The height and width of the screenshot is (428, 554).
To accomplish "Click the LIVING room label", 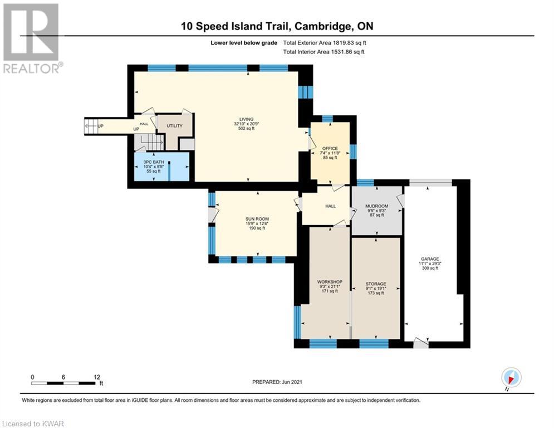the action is (246, 119).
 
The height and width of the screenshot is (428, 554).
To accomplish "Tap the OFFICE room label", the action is (330, 149).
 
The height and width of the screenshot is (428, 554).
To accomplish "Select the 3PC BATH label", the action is (154, 162).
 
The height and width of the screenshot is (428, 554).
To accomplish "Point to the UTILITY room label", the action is (174, 126).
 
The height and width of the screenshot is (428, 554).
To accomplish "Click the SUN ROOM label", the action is (257, 220).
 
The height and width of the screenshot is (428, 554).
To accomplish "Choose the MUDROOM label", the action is (376, 206).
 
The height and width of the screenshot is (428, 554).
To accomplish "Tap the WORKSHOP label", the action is (330, 282).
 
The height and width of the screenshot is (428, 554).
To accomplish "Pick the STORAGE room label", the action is (376, 284).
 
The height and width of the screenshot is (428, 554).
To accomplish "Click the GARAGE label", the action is (430, 259).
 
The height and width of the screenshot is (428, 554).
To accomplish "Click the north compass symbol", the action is (511, 377).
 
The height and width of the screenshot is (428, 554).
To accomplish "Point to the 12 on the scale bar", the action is (97, 377).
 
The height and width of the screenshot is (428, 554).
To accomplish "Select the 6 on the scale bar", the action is (63, 377).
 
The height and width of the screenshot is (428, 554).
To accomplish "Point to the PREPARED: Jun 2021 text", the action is (277, 382).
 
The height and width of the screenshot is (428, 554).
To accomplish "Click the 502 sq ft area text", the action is (246, 128).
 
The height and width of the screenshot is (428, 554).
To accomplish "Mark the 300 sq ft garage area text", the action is (430, 268).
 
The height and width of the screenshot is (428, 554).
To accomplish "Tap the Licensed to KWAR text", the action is (33, 424).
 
